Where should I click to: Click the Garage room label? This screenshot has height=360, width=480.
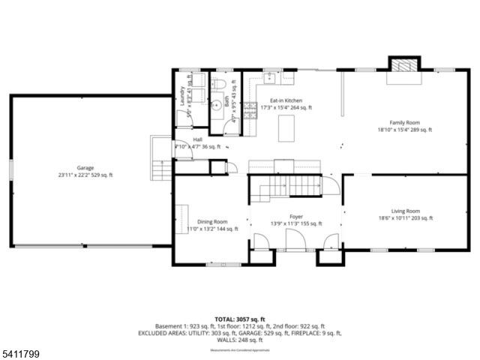[x=85, y=168]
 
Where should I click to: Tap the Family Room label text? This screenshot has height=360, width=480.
[x=403, y=122]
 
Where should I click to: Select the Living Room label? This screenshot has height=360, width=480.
[x=405, y=211]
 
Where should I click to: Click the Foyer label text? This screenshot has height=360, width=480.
[x=295, y=216]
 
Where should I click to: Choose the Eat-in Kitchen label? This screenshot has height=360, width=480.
[x=286, y=100]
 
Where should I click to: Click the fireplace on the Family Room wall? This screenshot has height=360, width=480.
[x=400, y=65]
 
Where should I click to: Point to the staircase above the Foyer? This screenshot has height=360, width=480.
[x=296, y=185]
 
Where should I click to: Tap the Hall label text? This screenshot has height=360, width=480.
[x=197, y=139]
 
